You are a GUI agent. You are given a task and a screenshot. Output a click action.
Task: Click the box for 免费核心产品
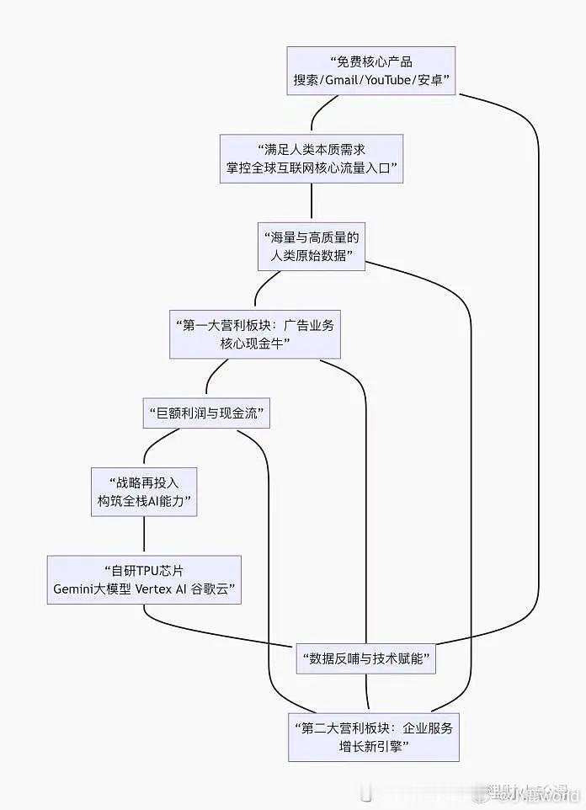[x=370, y=71]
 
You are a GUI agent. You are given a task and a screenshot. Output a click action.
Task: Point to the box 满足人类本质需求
[x=312, y=158]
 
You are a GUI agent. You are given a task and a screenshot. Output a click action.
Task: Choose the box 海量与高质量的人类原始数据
[x=312, y=246]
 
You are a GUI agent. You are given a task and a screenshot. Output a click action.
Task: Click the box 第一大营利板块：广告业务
[x=255, y=334]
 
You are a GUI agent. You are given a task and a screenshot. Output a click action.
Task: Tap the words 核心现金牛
[x=255, y=344]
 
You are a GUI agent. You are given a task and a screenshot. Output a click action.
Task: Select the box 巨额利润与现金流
[x=206, y=413]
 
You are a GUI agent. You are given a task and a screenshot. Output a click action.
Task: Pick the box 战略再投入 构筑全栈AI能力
[x=144, y=493]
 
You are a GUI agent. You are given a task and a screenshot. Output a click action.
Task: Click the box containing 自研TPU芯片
[x=144, y=580]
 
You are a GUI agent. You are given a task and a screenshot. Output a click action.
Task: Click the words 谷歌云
[x=217, y=590]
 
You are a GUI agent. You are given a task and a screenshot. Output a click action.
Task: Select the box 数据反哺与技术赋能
[x=366, y=658]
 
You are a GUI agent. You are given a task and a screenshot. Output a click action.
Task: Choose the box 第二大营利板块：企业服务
[x=373, y=737]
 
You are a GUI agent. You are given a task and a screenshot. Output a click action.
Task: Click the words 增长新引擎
[x=373, y=748]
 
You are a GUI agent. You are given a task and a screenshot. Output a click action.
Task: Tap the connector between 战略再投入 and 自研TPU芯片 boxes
[x=144, y=536]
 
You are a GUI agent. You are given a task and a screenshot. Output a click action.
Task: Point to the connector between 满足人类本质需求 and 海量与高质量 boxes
[x=312, y=201]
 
